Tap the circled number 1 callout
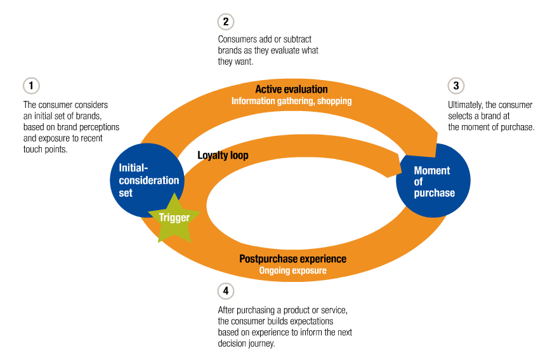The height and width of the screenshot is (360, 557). coord(30,85)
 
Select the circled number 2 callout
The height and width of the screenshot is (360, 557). coord(225,22)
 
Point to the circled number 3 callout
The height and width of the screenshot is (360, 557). coord(455,86)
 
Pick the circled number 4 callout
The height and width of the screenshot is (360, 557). coord(225,291)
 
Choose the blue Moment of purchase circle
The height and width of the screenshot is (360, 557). coord(433,181)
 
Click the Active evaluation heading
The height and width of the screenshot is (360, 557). coord(291,90)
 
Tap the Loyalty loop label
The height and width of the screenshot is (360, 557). coord(223,155)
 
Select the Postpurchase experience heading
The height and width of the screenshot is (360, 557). coord(292,259)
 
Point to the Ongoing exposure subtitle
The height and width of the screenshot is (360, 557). coord(292,270)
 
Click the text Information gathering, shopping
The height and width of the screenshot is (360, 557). coord(291,101)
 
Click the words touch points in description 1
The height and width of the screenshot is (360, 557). coord(46,150)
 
